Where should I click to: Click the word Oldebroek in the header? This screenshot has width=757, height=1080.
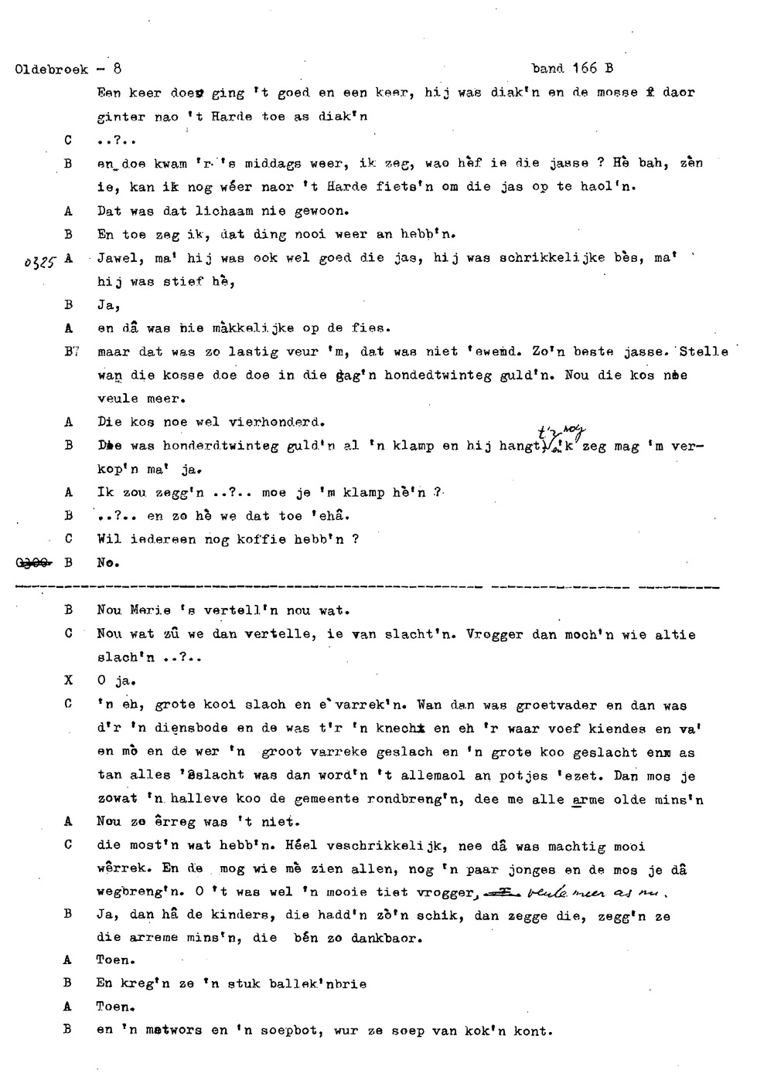click(52, 69)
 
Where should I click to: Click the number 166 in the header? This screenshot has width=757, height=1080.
click(585, 68)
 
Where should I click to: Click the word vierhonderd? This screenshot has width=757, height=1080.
click(276, 423)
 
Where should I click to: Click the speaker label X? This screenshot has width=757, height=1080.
click(68, 681)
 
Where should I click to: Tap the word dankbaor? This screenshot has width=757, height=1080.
click(382, 939)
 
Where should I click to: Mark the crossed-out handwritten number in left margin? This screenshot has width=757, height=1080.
click(30, 563)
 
